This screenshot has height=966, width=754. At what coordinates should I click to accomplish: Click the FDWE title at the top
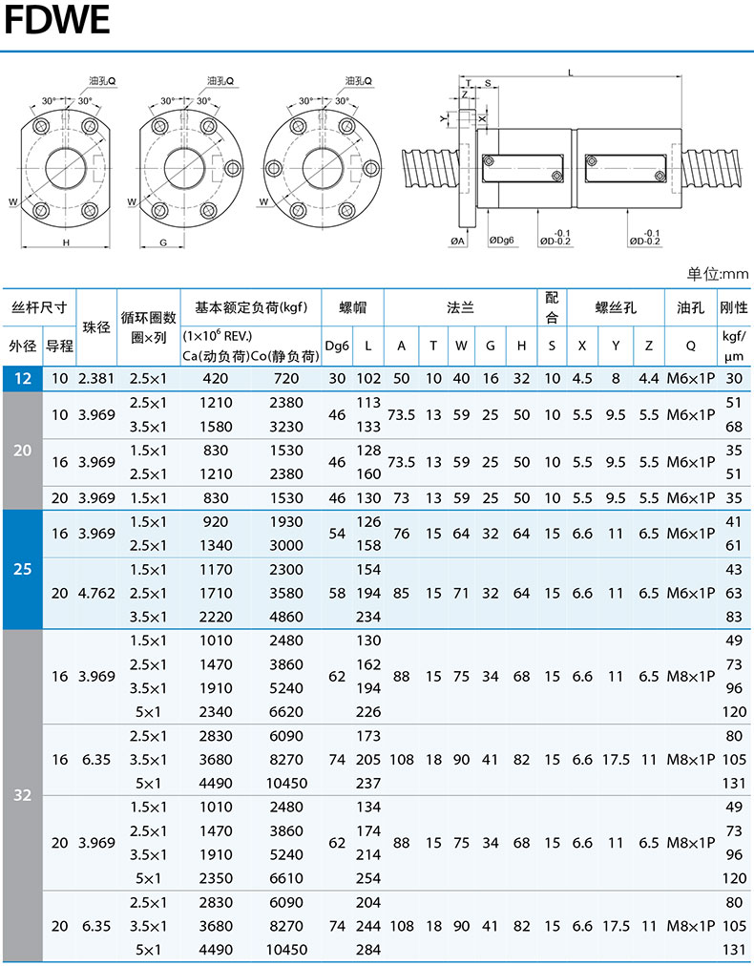[56, 19]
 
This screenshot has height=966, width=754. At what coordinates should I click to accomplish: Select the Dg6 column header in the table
[337, 346]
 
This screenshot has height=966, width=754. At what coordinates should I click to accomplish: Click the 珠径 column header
[96, 327]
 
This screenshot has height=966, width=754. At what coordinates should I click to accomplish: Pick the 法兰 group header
[460, 307]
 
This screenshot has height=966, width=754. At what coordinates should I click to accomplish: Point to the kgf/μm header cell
[734, 346]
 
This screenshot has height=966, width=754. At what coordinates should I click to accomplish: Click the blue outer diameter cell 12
[22, 378]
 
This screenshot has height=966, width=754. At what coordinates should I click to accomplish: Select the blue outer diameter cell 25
[22, 569]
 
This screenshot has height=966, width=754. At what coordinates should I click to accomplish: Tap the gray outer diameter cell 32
[22, 795]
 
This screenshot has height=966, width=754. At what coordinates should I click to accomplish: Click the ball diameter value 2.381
[96, 378]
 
